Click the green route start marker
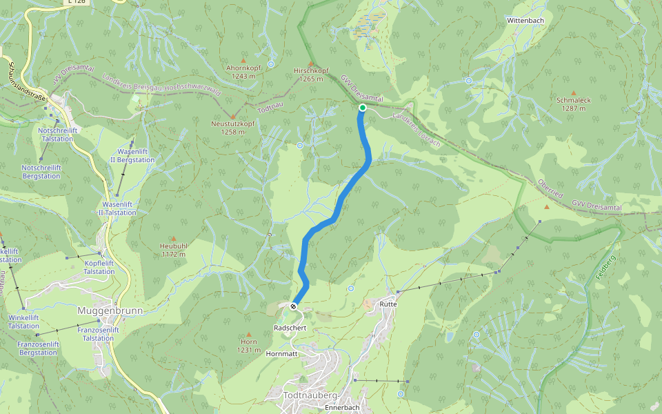tap(362, 108)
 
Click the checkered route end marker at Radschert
tap(294, 306)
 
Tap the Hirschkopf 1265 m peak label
tap(311, 75)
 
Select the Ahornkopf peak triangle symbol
tap(242, 60)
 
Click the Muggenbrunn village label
tap(110, 310)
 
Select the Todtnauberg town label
tap(310, 395)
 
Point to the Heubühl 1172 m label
tap(172, 250)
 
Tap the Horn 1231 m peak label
tap(249, 346)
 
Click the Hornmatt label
tap(281, 353)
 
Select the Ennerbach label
tap(342, 408)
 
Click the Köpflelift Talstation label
tap(99, 267)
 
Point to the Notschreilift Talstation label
tap(57, 134)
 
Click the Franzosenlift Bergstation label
tap(38, 348)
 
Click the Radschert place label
tap(290, 328)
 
